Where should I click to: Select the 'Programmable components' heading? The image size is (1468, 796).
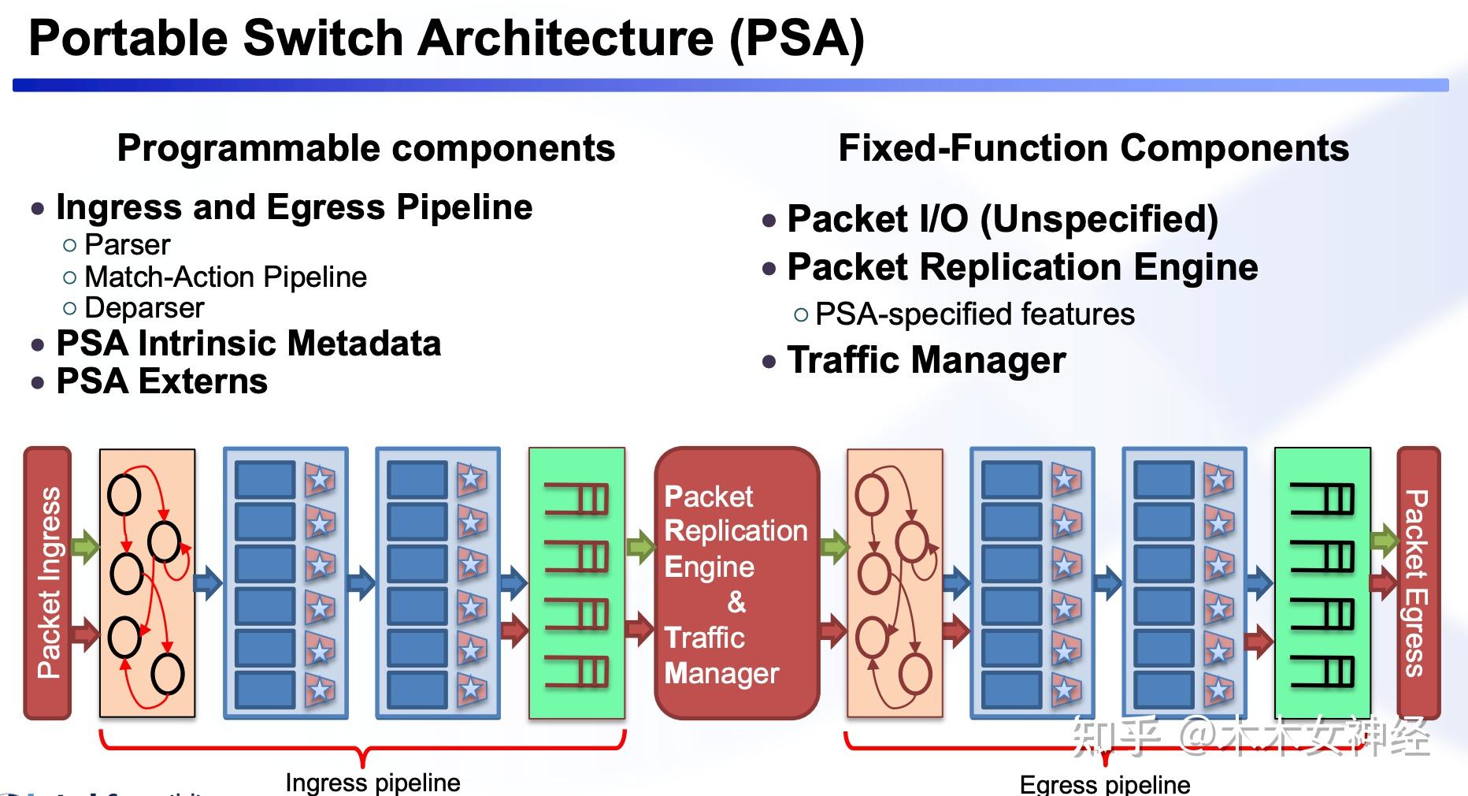(365, 148)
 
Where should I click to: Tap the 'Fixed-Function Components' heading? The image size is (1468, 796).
(1093, 148)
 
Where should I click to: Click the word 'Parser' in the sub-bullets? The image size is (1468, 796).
(127, 245)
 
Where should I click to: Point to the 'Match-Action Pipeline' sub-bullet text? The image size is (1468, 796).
(225, 277)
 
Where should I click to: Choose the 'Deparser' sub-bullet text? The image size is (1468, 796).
(144, 307)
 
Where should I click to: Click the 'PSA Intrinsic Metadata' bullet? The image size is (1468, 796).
(248, 344)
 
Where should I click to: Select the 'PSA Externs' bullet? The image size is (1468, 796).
(161, 381)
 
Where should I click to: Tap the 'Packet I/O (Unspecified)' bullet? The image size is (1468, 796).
(1002, 219)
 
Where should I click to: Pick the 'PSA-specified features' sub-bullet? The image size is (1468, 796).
(974, 314)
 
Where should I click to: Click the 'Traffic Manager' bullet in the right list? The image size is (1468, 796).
(926, 360)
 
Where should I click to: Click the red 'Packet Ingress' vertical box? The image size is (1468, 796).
(48, 582)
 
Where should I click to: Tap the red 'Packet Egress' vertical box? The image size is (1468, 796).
(1418, 582)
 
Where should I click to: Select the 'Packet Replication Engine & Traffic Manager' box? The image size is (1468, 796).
(736, 582)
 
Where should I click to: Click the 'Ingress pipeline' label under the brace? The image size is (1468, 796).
(373, 783)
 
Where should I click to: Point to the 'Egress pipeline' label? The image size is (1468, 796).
(1104, 784)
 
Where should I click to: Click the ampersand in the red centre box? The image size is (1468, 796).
(736, 602)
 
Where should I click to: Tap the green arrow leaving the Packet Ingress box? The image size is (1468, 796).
(85, 545)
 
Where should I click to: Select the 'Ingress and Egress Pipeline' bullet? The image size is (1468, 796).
(294, 207)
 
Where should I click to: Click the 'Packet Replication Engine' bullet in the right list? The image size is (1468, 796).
(1022, 267)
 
